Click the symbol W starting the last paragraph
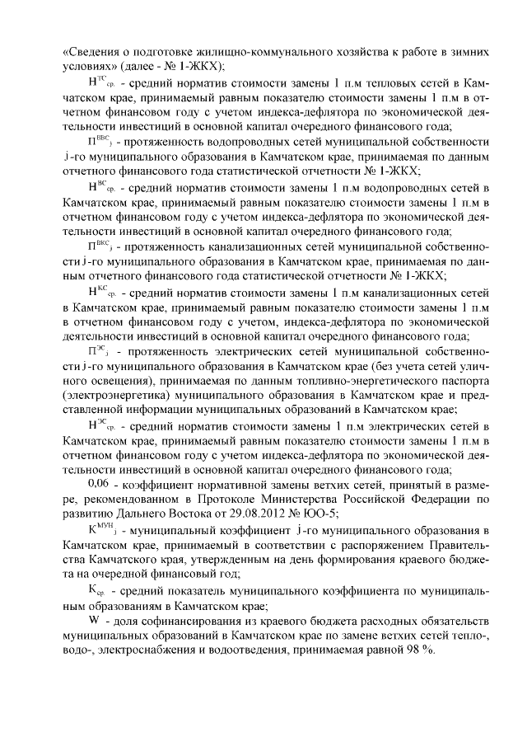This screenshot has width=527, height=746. click(x=93, y=619)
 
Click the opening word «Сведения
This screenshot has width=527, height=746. click(x=91, y=51)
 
